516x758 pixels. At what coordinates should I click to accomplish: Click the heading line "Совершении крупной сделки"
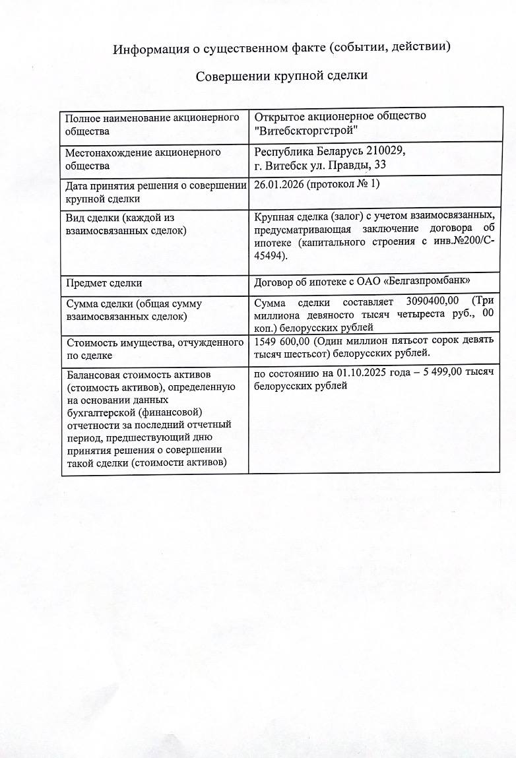(281, 76)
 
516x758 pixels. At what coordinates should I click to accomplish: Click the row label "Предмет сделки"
(104, 283)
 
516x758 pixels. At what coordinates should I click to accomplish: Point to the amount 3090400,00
(430, 303)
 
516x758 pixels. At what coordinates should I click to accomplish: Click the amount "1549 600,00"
(284, 340)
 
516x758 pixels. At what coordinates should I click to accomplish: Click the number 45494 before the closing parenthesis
(269, 256)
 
